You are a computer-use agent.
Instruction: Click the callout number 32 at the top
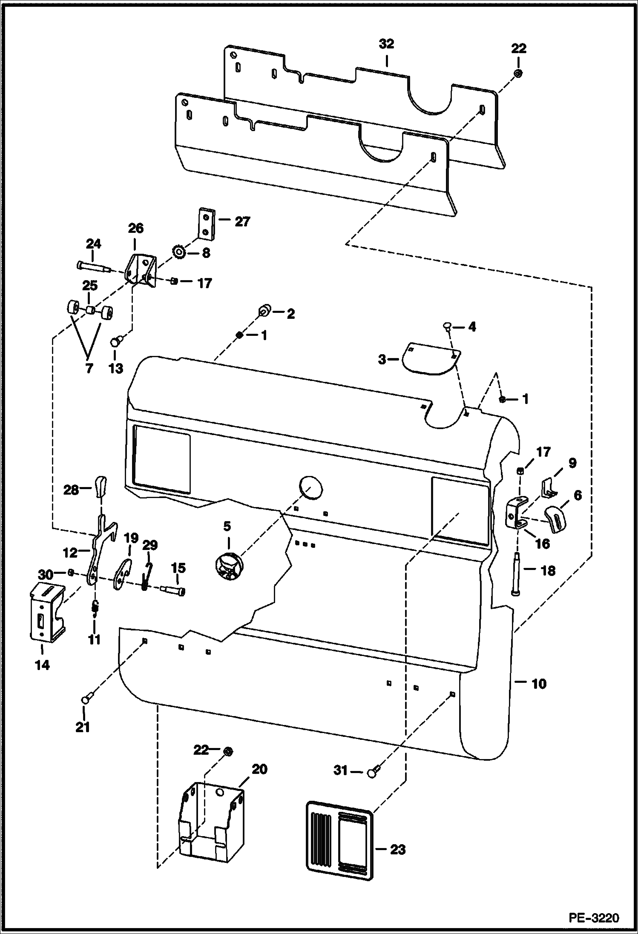386,44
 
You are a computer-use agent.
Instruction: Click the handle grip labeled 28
101,486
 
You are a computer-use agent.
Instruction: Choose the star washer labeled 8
179,253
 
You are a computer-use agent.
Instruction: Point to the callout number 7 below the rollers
89,368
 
